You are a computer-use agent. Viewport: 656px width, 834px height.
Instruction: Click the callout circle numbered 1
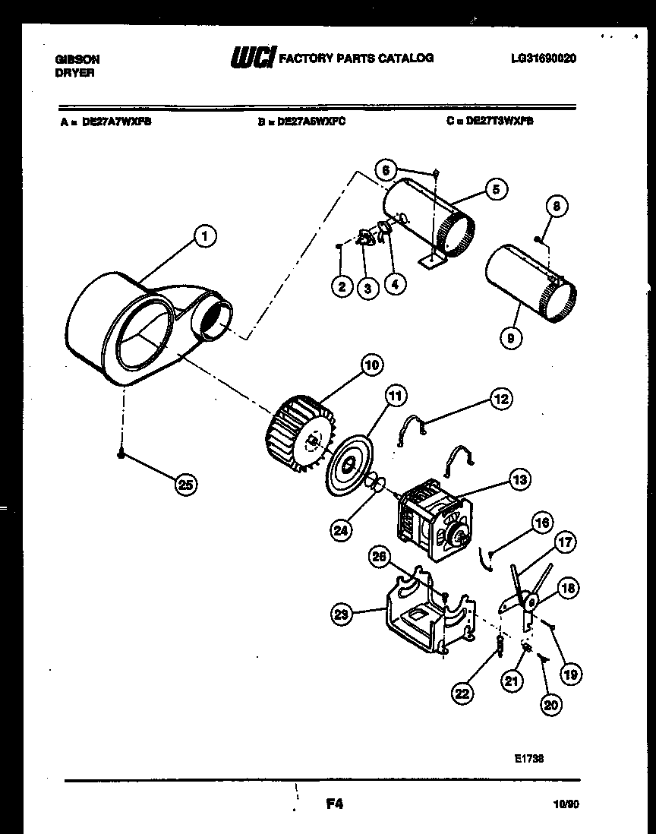[203, 237]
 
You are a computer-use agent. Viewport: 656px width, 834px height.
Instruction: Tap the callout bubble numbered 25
[184, 483]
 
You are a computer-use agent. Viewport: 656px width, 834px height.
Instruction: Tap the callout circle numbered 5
[495, 189]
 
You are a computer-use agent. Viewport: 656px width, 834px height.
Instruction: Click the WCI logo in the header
[252, 58]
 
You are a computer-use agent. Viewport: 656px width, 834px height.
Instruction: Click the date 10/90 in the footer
[563, 803]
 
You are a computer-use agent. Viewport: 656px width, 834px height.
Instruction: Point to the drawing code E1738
[528, 757]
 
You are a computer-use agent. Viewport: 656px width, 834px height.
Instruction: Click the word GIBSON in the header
[77, 58]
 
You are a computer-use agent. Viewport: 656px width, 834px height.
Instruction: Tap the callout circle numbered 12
[500, 397]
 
